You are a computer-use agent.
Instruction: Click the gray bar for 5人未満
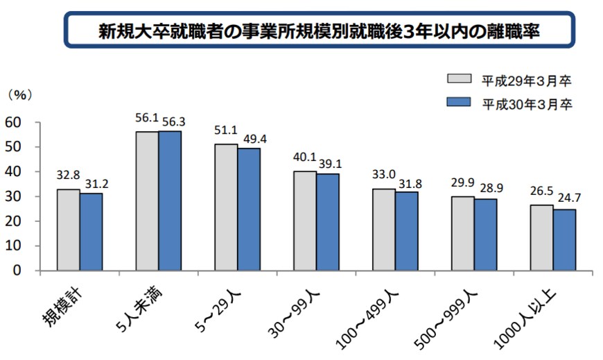[x=147, y=201]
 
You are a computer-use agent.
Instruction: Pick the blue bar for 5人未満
[x=170, y=201]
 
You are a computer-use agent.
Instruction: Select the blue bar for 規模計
[x=91, y=232]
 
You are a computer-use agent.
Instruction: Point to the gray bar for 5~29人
[x=226, y=207]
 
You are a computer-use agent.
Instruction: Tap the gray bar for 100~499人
[x=383, y=230]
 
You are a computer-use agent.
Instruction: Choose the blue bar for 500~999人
[x=485, y=235]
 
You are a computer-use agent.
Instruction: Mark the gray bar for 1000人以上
[x=541, y=237]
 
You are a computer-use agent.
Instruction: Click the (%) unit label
[x=19, y=93]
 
